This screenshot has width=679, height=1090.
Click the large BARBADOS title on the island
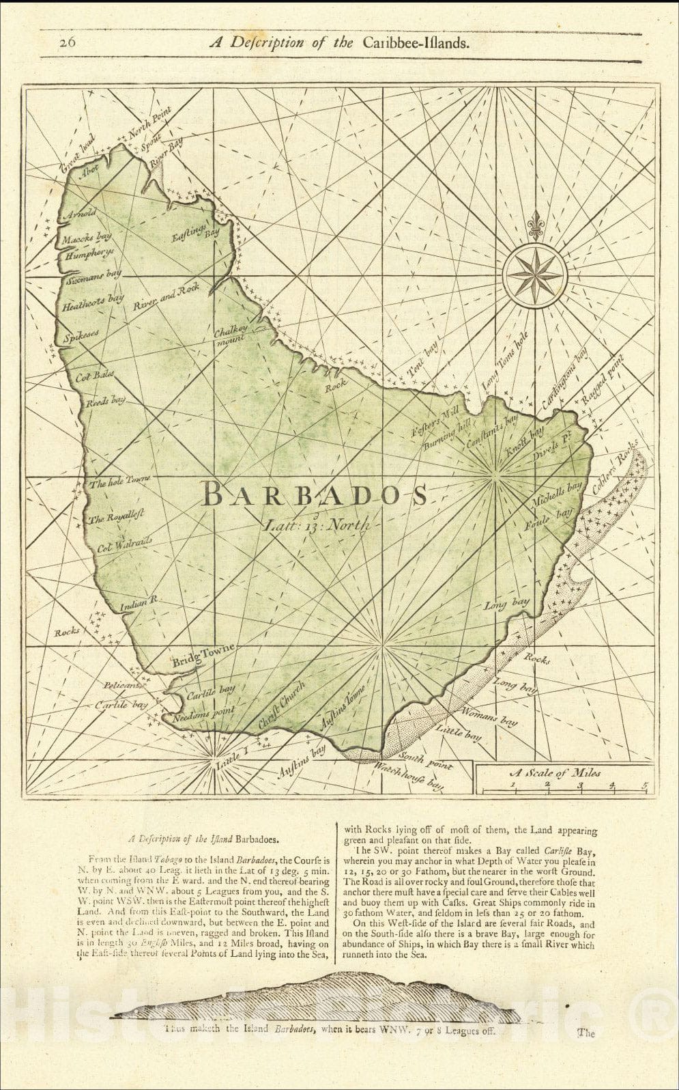[x=315, y=494]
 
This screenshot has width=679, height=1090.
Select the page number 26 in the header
[x=68, y=42]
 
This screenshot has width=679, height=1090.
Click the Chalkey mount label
[x=229, y=335]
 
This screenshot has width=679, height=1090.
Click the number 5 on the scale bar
[x=644, y=785]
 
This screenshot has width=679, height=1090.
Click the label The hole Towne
[x=119, y=481]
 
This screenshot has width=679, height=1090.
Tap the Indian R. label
[x=139, y=602]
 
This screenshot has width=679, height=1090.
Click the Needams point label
[x=203, y=714]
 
